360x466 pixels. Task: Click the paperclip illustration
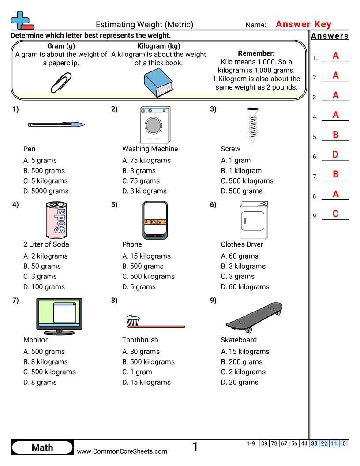tap(61, 83)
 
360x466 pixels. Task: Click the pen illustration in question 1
tap(56, 125)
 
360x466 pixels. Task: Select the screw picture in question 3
tap(252, 124)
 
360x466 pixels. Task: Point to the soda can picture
tap(56, 220)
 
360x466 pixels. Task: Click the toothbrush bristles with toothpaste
tap(133, 321)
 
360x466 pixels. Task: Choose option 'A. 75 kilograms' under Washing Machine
tap(146, 161)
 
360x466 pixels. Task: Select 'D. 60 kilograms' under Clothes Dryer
tap(245, 287)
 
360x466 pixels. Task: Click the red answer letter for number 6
tap(335, 155)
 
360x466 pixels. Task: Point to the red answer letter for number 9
tap(335, 214)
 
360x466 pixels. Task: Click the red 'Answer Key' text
tap(304, 25)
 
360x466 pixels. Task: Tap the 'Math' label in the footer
tap(42, 447)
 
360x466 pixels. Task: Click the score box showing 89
tap(264, 443)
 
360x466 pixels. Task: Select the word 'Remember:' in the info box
tap(256, 53)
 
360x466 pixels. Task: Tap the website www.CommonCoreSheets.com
tap(122, 451)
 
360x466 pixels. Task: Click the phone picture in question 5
tap(155, 220)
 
